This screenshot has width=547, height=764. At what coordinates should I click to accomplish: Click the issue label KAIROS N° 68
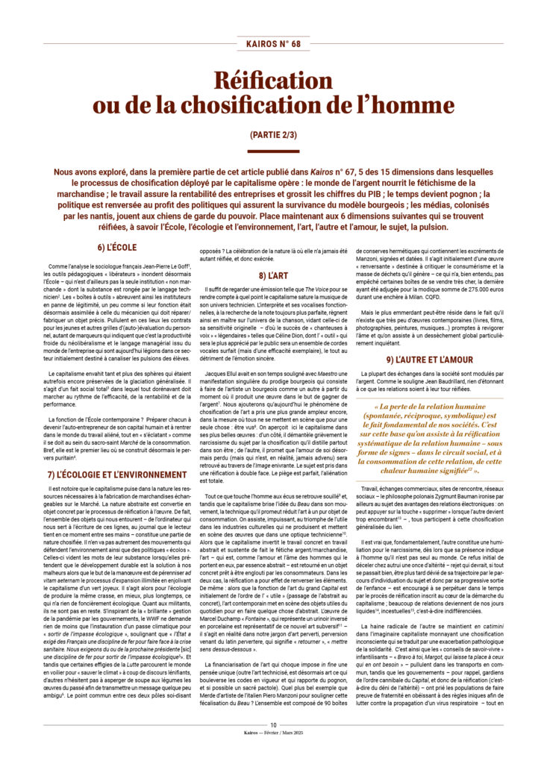273,44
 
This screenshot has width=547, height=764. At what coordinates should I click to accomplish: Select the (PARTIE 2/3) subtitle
273,136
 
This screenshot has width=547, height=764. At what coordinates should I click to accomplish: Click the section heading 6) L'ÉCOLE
116,247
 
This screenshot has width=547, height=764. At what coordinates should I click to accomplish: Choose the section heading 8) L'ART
273,276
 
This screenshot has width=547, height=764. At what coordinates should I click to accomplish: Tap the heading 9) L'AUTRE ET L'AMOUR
429,360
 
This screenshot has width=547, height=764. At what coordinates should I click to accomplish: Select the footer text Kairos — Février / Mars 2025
273,754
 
